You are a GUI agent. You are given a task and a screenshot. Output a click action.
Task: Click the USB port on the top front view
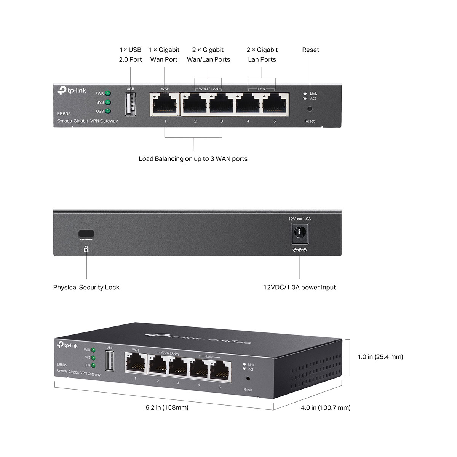tap(130, 104)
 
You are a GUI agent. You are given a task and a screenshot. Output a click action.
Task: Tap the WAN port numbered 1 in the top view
tap(165, 103)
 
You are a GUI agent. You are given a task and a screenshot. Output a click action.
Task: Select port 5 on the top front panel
tap(275, 103)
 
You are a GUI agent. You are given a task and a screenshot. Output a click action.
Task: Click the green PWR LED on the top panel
tap(108, 93)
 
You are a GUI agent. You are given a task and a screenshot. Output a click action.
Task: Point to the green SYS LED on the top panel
tap(108, 102)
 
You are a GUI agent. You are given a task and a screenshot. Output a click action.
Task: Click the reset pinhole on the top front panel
tap(310, 109)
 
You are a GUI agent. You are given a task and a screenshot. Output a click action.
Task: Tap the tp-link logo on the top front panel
tap(72, 91)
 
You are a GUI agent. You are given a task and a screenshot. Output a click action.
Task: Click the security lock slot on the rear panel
tap(86, 234)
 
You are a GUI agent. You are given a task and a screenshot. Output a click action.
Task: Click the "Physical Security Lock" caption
tap(86, 288)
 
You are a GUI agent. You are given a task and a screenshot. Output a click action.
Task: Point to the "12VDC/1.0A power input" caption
tap(300, 288)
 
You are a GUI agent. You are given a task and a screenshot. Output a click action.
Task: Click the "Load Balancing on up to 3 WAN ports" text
tap(193, 159)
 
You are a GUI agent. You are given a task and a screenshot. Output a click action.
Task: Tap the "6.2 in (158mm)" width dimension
tap(167, 407)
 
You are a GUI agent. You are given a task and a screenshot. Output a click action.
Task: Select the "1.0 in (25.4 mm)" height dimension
tap(380, 357)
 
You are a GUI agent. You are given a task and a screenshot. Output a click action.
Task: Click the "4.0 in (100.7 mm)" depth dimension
tap(326, 408)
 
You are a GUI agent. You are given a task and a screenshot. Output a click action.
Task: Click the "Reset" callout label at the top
tap(310, 50)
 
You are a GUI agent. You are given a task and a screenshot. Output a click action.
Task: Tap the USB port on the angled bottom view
tap(110, 361)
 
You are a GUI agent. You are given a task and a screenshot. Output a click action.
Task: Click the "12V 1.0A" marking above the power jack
tap(299, 219)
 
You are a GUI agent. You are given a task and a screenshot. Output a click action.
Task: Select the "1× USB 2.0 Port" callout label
tap(130, 54)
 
